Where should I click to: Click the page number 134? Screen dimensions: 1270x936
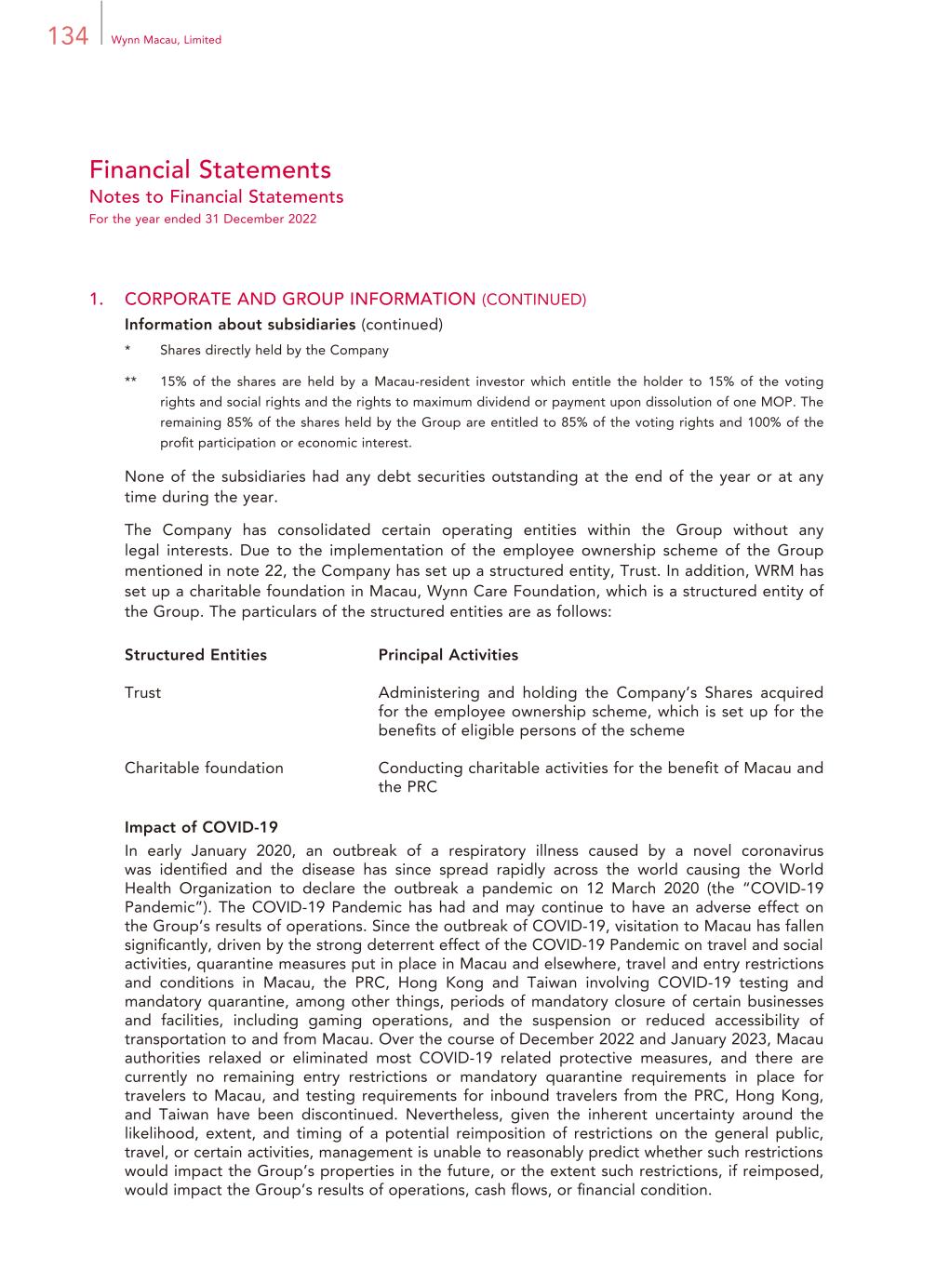67,37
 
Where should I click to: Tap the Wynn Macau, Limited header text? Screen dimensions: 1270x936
166,40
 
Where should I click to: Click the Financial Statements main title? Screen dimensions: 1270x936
210,170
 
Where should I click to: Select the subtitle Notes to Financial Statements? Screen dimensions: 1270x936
216,197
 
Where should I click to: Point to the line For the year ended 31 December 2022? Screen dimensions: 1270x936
203,220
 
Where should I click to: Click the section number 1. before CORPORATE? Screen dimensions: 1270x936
96,299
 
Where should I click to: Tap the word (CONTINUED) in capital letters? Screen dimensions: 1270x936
533,300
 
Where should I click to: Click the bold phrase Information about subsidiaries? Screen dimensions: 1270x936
240,325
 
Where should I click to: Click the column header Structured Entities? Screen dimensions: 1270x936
195,655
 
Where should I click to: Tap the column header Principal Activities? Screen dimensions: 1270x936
448,655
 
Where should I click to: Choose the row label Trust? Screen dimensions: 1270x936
142,693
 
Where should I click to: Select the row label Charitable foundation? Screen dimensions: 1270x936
204,769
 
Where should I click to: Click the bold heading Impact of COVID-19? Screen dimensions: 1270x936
201,827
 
